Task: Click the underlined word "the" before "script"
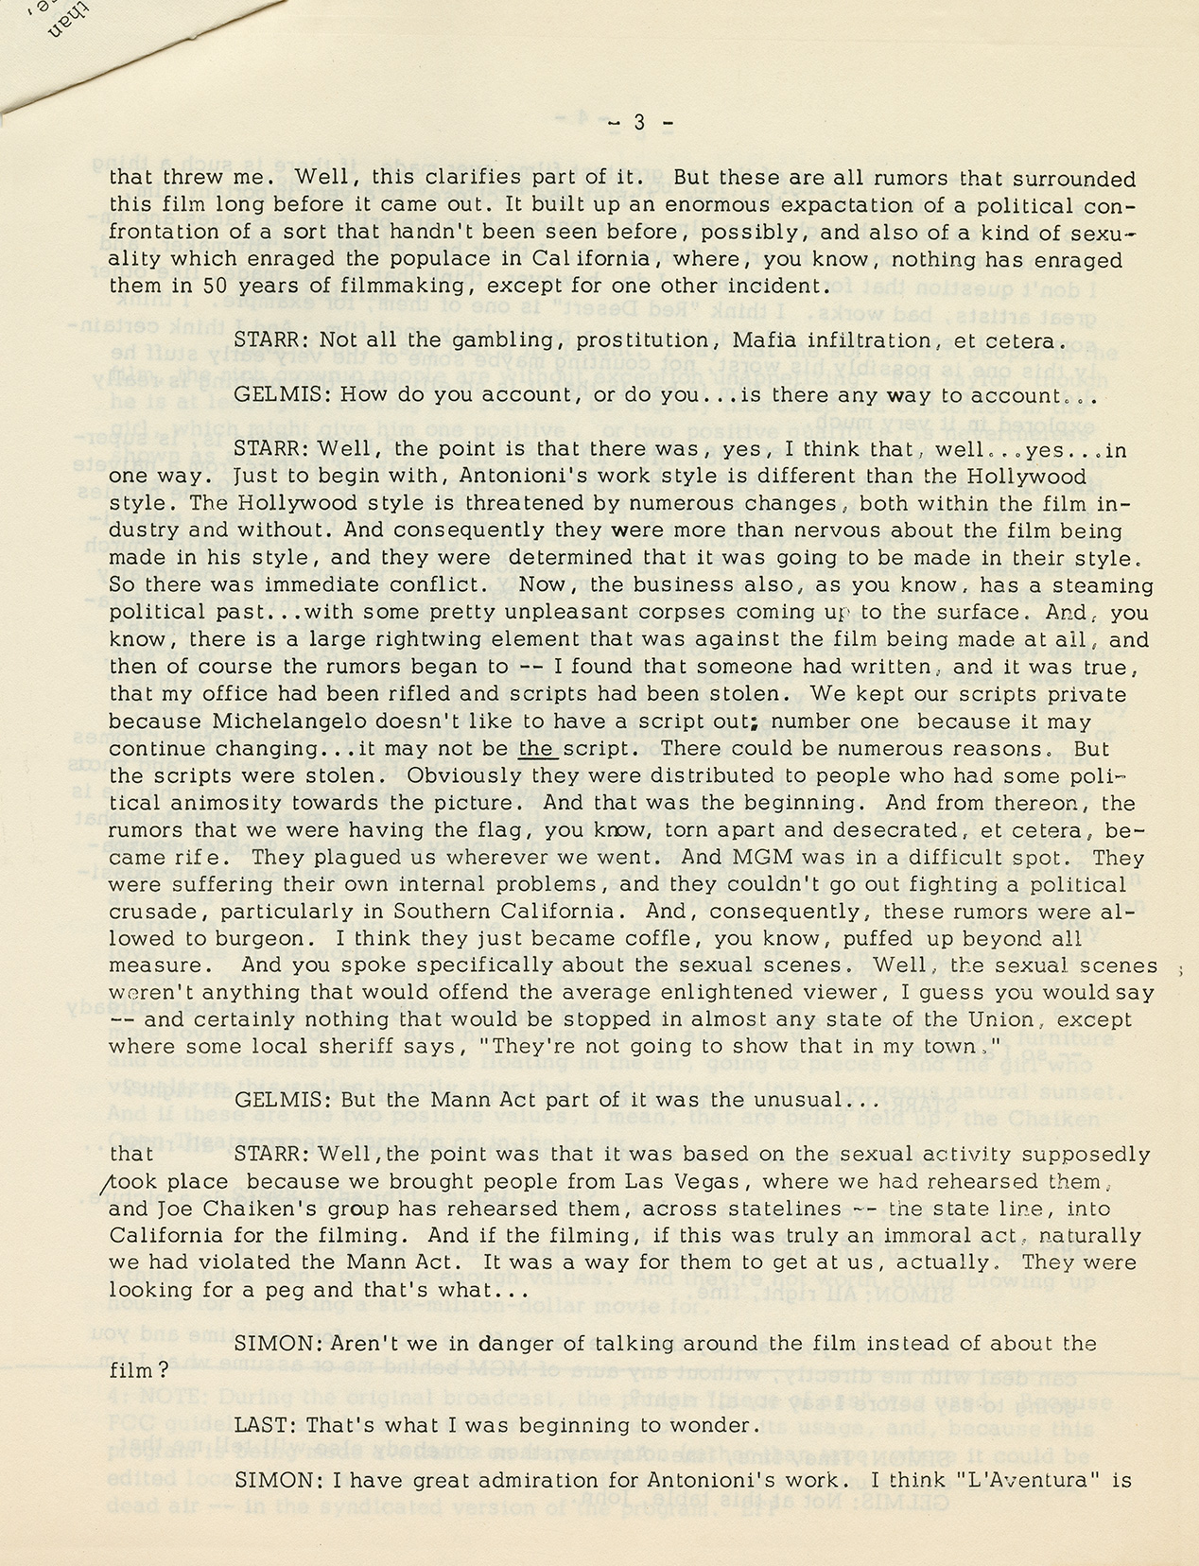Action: point(536,748)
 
